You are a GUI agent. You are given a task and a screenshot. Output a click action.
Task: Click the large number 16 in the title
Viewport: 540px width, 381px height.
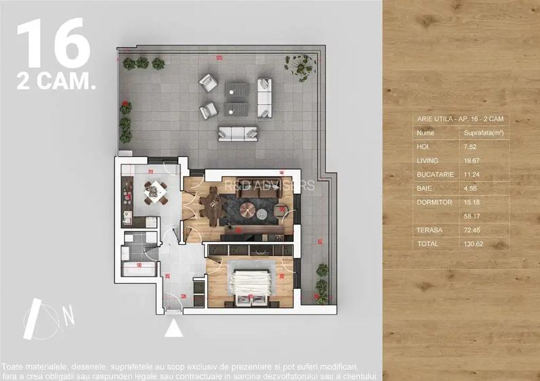pyautogui.click(x=53, y=44)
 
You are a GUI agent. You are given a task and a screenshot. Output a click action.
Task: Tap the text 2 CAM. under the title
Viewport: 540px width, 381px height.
pyautogui.click(x=56, y=83)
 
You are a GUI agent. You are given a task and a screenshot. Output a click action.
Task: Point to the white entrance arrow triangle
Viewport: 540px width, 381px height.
pyautogui.click(x=174, y=328)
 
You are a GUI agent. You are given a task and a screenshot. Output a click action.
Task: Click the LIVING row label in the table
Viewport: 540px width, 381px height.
pyautogui.click(x=428, y=160)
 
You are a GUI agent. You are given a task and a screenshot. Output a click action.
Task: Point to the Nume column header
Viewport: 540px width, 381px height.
pyautogui.click(x=425, y=133)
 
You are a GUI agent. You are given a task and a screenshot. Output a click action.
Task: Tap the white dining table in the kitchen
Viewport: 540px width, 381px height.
pyautogui.click(x=157, y=192)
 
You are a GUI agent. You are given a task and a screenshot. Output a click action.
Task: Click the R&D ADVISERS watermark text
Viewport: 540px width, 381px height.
pyautogui.click(x=269, y=185)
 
